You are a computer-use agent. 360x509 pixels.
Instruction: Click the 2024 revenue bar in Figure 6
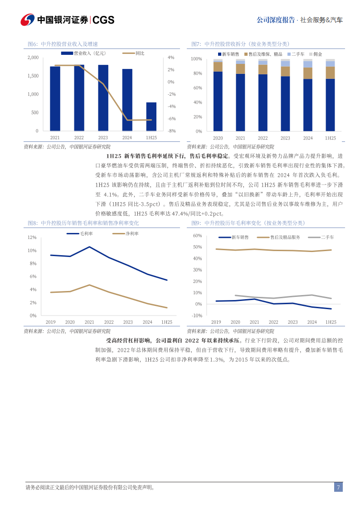127,100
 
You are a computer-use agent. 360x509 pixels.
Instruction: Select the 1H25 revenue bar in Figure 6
151,116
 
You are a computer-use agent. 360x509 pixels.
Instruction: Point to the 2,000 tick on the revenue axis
33,58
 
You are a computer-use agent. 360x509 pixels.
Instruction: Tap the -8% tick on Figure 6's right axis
171,131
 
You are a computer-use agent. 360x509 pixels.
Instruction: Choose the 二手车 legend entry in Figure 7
296,54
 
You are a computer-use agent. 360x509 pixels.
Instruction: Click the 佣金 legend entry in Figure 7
316,54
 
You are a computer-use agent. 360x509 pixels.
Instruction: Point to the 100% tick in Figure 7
196,59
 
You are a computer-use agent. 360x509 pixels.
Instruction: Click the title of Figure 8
83,223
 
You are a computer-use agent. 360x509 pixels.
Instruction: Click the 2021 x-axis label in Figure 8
89,322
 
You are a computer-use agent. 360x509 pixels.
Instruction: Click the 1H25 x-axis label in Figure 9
331,322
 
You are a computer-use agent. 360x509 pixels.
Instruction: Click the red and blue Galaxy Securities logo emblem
27,20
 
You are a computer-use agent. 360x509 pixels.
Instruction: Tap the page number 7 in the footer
338,488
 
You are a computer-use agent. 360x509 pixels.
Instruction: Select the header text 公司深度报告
276,20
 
